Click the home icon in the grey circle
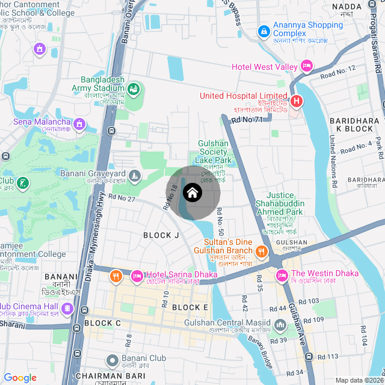(192, 193)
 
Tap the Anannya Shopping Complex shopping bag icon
(263, 31)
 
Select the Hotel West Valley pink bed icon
(307, 66)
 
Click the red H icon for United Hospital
(296, 102)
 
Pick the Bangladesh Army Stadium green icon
(133, 90)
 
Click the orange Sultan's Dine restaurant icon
(262, 250)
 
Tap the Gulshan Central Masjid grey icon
(280, 326)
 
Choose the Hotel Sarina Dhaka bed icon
(137, 276)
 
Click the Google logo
(20, 377)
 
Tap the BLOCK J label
(161, 235)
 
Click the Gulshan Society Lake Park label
(214, 152)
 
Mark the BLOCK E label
(189, 307)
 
